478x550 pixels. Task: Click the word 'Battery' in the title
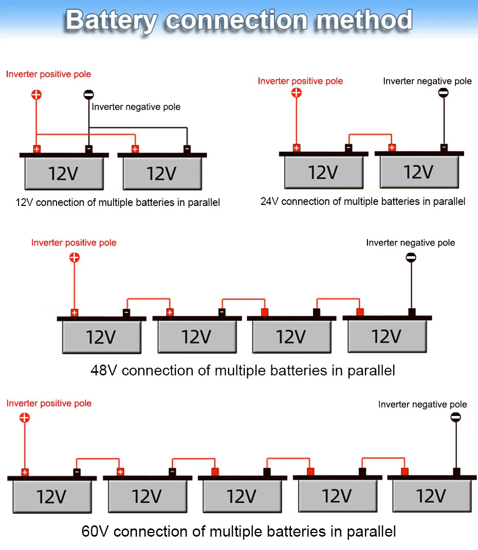[111, 21]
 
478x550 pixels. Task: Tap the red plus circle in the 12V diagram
[36, 94]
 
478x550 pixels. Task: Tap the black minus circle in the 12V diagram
[89, 94]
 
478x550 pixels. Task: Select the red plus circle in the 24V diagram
[296, 93]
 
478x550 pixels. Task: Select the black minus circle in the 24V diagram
[443, 93]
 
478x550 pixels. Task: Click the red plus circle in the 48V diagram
[75, 257]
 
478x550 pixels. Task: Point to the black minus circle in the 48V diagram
[411, 258]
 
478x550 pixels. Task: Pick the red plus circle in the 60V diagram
[25, 418]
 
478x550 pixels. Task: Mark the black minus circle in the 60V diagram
[455, 418]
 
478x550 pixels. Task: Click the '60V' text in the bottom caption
[96, 530]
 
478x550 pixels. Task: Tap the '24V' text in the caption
[270, 202]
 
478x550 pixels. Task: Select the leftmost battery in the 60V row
[51, 496]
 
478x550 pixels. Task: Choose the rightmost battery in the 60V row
[431, 496]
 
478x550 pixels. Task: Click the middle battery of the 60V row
[242, 496]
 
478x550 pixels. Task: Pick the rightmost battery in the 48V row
[387, 336]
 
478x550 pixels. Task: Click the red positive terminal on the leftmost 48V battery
[75, 312]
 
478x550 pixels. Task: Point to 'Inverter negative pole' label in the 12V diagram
[136, 107]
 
